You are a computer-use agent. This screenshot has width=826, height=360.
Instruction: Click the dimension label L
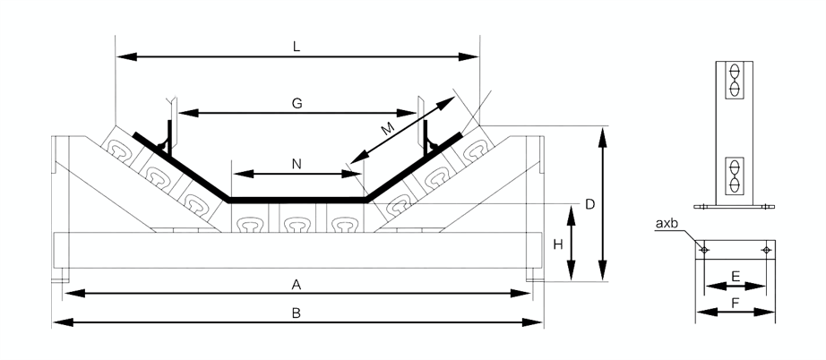click(x=297, y=44)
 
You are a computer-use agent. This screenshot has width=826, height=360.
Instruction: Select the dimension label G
click(x=297, y=103)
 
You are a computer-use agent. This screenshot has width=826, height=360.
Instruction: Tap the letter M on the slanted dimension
click(x=387, y=129)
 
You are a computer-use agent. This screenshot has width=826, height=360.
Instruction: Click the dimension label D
click(x=589, y=204)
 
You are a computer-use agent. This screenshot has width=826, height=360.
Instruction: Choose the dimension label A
click(x=296, y=284)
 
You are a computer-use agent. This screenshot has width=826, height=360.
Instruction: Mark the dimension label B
click(x=297, y=313)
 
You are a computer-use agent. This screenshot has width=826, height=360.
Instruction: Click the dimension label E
click(x=735, y=277)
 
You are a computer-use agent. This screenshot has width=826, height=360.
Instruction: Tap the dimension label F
click(x=735, y=304)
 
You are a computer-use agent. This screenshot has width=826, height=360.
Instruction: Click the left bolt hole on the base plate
click(x=705, y=249)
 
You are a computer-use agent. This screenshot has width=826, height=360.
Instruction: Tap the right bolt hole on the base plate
click(x=765, y=249)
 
